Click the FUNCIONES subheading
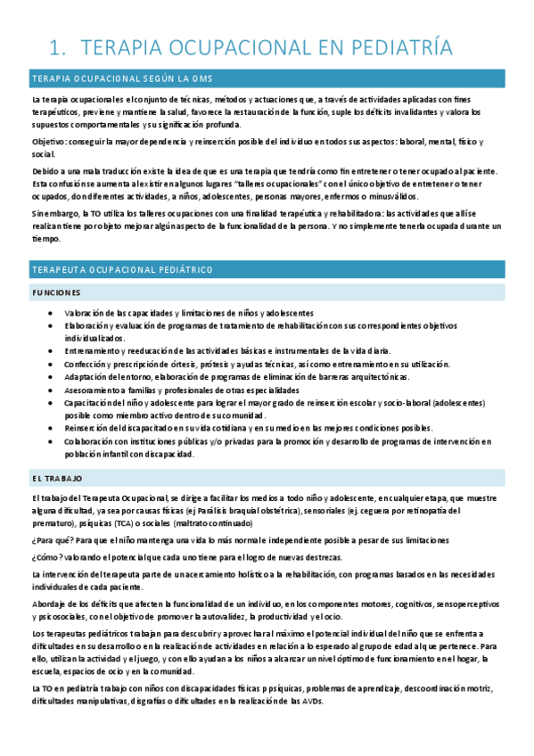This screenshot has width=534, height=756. (55, 292)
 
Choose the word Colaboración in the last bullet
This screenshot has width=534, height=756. (90, 440)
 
